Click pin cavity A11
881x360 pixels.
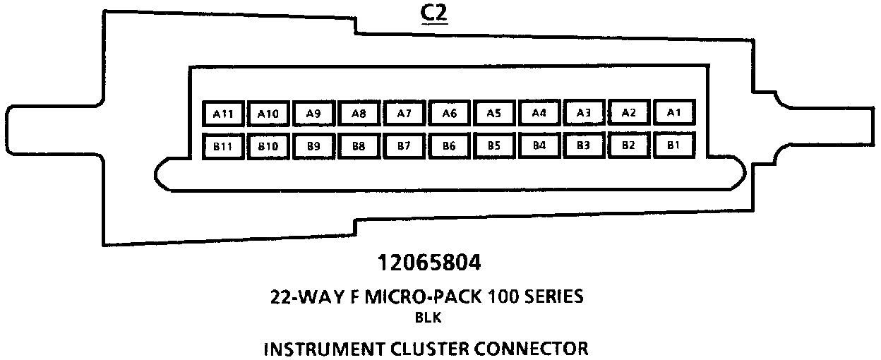point(222,113)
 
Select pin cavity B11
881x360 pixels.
point(222,147)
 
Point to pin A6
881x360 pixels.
point(449,113)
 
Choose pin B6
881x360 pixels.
point(449,147)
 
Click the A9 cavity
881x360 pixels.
point(313,113)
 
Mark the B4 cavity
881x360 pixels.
point(539,147)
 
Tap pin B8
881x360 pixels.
point(359,147)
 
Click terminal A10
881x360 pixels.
point(268,113)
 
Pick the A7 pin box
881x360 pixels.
point(404,113)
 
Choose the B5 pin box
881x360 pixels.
point(494,147)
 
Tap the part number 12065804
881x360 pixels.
point(429,263)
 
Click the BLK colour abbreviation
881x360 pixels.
point(428,318)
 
